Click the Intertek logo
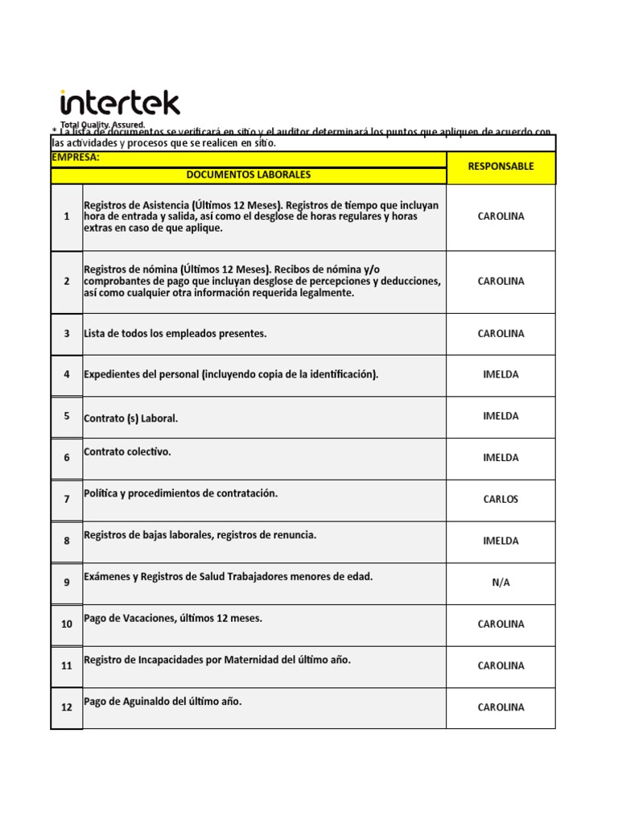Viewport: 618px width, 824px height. (120, 104)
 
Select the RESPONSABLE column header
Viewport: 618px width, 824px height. (501, 167)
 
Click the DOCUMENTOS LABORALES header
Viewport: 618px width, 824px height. (248, 175)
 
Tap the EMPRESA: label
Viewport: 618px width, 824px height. (76, 158)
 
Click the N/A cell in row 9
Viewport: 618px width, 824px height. (501, 583)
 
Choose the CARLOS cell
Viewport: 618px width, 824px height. (501, 500)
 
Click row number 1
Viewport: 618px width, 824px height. (67, 217)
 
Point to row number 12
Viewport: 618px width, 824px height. (67, 707)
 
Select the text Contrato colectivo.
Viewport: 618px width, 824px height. (127, 452)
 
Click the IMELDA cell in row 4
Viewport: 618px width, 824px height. (501, 375)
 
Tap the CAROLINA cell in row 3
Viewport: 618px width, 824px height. (501, 334)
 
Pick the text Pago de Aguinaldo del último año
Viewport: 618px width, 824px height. (163, 702)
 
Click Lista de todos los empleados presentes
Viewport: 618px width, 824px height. (175, 334)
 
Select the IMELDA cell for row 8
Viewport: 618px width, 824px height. (501, 542)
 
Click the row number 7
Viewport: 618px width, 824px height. (67, 500)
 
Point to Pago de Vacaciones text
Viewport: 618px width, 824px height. (173, 619)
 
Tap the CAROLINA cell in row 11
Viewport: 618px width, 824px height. (501, 666)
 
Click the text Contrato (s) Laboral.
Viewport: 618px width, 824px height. (131, 418)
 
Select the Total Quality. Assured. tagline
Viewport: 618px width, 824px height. (102, 126)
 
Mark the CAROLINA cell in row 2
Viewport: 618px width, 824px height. (501, 282)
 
